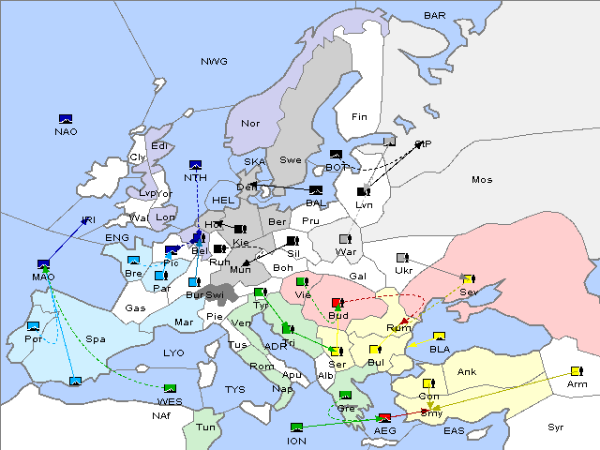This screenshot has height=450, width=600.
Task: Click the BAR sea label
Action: pos(435,16)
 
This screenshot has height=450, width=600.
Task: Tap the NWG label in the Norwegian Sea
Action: pos(214,62)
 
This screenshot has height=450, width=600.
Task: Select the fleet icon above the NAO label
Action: pos(66,119)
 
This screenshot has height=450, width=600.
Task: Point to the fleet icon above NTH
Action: pos(196,166)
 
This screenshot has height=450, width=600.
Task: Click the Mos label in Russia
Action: pos(482,179)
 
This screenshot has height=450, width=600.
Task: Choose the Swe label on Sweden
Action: pos(291,159)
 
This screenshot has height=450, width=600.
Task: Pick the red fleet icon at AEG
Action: pos(383,417)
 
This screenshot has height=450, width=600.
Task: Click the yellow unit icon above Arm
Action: pos(575,371)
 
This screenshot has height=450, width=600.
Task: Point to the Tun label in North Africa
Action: pos(205,427)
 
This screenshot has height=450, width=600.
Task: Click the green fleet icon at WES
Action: pos(170,388)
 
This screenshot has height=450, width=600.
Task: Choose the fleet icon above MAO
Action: pos(43,264)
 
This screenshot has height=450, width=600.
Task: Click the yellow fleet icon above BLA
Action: pos(439,337)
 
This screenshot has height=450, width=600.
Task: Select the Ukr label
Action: pos(403,271)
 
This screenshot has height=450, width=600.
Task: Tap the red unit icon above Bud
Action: pos(337,303)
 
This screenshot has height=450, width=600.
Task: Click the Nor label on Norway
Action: pos(250,123)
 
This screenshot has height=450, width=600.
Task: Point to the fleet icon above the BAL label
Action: pos(316,190)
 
